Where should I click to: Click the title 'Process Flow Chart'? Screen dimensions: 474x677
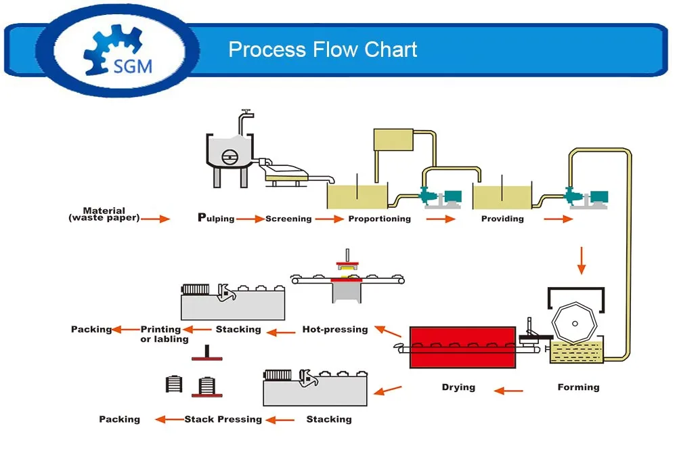(322, 49)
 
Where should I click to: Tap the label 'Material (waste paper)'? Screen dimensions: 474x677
(104, 215)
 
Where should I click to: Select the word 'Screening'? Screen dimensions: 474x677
(288, 219)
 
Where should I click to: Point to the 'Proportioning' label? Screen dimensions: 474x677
(379, 219)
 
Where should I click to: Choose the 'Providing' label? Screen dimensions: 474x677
(502, 219)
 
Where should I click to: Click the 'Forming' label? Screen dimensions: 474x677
(578, 387)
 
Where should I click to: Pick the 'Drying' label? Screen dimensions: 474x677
(458, 387)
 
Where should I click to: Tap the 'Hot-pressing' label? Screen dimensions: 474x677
(335, 330)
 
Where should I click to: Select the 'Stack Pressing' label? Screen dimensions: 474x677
(223, 419)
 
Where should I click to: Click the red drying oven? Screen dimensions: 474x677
(462, 347)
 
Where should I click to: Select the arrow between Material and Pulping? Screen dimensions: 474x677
(155, 219)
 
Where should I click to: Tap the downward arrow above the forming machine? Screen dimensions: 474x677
(580, 261)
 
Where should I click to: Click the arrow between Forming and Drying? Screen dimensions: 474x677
(508, 391)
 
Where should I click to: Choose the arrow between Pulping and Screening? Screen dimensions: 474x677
(250, 219)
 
